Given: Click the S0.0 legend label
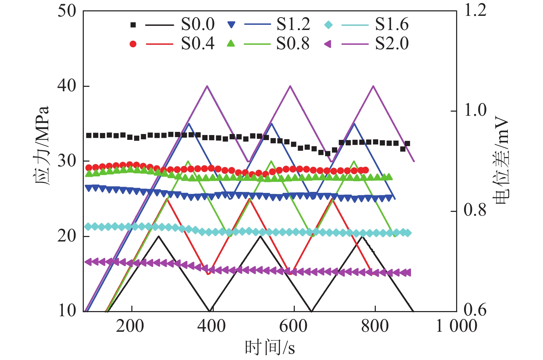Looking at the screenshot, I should pyautogui.click(x=198, y=24).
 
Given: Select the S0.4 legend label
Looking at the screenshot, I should pyautogui.click(x=198, y=44).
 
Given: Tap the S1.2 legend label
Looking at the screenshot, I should pyautogui.click(x=293, y=24).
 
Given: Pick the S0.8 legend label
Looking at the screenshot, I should pyautogui.click(x=293, y=44).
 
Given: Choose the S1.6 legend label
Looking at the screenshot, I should pyautogui.click(x=392, y=24).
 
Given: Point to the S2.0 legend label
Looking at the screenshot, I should pyautogui.click(x=392, y=44).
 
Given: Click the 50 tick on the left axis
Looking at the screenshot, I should pyautogui.click(x=67, y=11).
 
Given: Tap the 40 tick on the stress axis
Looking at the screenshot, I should pyautogui.click(x=67, y=86).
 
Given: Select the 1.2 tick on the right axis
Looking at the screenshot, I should pyautogui.click(x=475, y=10).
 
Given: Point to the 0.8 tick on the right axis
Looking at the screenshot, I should pyautogui.click(x=475, y=210).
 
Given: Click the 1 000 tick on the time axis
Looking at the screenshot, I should pyautogui.click(x=456, y=326).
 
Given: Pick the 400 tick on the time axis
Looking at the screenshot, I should pyautogui.click(x=211, y=326).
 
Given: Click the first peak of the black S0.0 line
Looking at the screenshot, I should pyautogui.click(x=159, y=236).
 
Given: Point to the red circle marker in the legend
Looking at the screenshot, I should pyautogui.click(x=133, y=44).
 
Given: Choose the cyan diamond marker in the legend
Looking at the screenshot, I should pyautogui.click(x=329, y=25).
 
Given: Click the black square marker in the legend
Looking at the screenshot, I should pyautogui.click(x=133, y=25).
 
